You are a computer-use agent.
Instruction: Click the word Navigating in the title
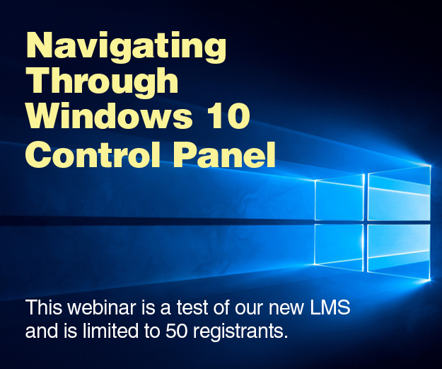[x=126, y=47]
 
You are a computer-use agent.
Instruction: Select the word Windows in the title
[x=108, y=115]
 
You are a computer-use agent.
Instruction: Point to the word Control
[x=93, y=154]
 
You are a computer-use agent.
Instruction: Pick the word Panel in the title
[x=224, y=154]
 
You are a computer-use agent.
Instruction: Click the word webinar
[x=102, y=307]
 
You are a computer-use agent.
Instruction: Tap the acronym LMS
[x=330, y=307]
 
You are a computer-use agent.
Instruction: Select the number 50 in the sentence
[x=177, y=331]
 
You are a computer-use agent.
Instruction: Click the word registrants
[x=240, y=331]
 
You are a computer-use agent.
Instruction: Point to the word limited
[x=110, y=331]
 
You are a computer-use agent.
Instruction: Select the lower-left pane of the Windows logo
[x=339, y=247]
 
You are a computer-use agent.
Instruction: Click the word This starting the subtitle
[x=44, y=307]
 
